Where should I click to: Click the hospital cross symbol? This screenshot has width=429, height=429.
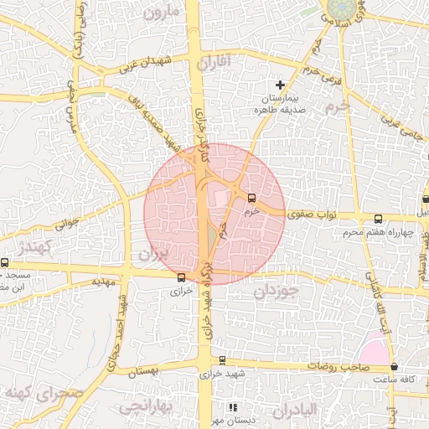coord(281,85)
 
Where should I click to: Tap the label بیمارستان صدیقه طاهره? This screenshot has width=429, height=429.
coord(281,104)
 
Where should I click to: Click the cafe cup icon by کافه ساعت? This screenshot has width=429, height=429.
coord(394,367)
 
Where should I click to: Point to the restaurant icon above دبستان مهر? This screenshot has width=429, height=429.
coord(233,407)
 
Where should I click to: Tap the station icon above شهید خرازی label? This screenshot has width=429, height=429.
coord(222,360)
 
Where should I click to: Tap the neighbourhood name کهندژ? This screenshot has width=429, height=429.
coord(34,246)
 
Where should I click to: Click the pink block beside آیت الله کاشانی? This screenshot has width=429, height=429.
coord(376,348)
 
